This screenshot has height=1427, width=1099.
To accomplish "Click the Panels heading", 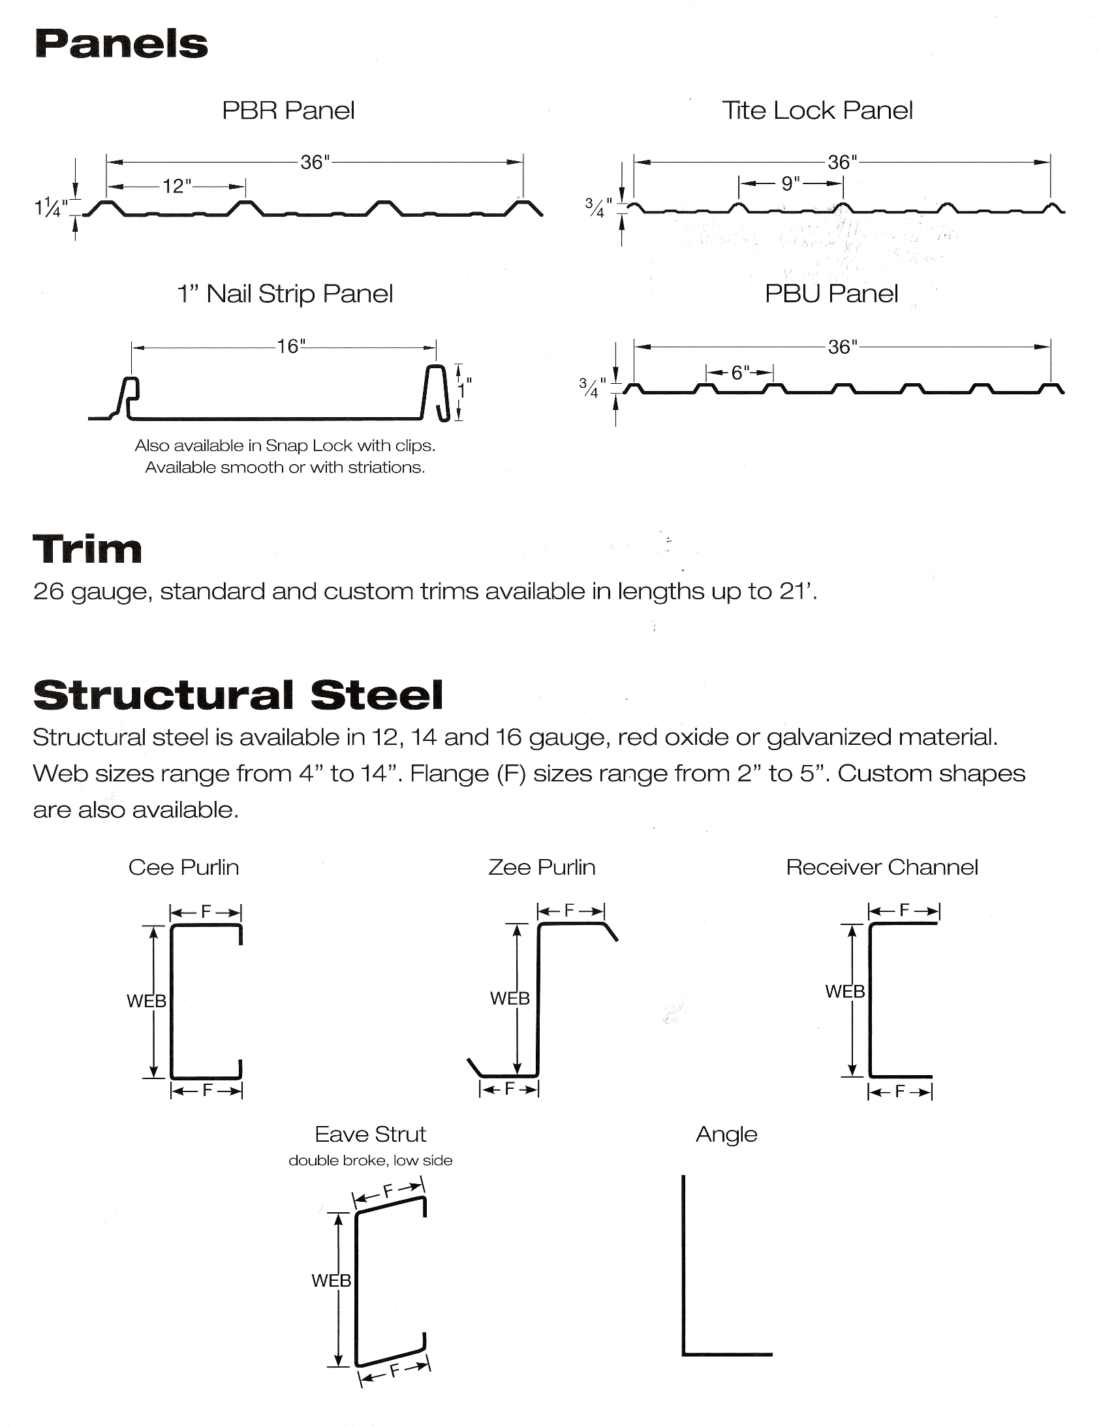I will (121, 44).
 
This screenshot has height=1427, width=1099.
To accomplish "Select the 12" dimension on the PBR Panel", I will (176, 186).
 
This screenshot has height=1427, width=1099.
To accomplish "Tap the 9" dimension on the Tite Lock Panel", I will (790, 183).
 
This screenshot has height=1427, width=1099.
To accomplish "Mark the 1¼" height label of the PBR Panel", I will (50, 207).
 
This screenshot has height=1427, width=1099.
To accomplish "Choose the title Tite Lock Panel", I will (816, 110).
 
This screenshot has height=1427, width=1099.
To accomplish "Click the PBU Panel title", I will (831, 293).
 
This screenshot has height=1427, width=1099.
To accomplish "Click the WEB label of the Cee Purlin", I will (146, 1001).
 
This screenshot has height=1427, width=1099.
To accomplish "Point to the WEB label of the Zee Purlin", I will (510, 998).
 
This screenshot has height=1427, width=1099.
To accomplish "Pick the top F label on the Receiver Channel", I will (905, 910).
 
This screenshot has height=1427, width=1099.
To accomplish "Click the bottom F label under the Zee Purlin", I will (510, 1089).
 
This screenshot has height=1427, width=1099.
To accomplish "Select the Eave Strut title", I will (370, 1135).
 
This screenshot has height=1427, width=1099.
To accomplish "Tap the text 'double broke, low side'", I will (370, 1161).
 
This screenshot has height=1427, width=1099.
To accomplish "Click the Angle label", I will (726, 1135).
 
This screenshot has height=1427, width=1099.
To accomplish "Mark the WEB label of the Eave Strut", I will (332, 1281).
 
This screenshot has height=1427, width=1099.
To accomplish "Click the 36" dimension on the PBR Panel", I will (315, 162).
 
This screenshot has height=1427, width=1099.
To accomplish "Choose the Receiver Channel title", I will (882, 867).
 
